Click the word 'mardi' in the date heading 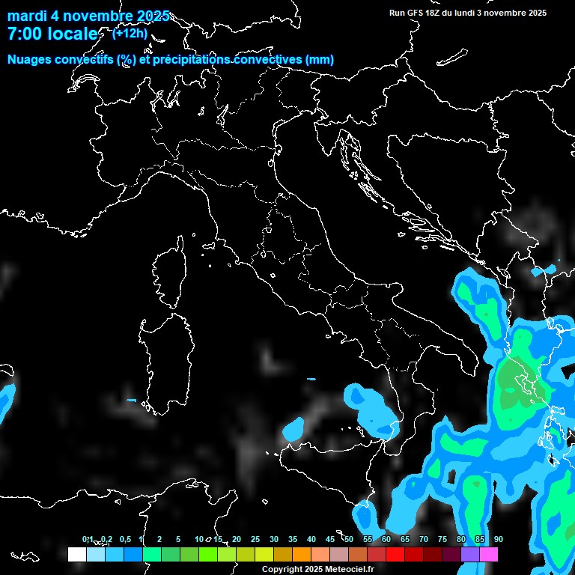tap(27, 15)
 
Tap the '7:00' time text tap(25, 34)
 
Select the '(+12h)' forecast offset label tap(130, 34)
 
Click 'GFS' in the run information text tap(416, 13)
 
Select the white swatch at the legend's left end tap(76, 554)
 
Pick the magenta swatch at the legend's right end tap(489, 554)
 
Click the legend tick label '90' tap(499, 539)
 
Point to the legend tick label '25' tap(255, 539)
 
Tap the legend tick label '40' tap(311, 539)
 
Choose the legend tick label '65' tap(405, 539)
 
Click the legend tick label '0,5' tap(125, 539)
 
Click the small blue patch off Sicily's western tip tap(293, 429)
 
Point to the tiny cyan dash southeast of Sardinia tap(131, 401)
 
